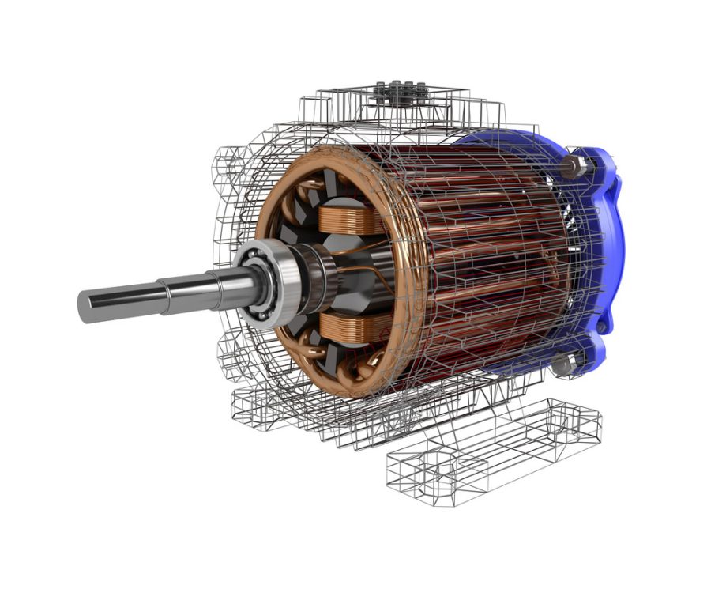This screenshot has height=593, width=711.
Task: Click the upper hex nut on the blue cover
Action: click(x=575, y=166)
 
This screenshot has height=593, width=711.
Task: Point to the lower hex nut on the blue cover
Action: click(x=562, y=364)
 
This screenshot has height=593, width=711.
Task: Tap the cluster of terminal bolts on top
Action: click(x=400, y=93)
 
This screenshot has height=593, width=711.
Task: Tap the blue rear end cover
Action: click(x=600, y=237)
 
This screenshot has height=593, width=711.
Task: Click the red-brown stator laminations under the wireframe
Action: click(x=490, y=253)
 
